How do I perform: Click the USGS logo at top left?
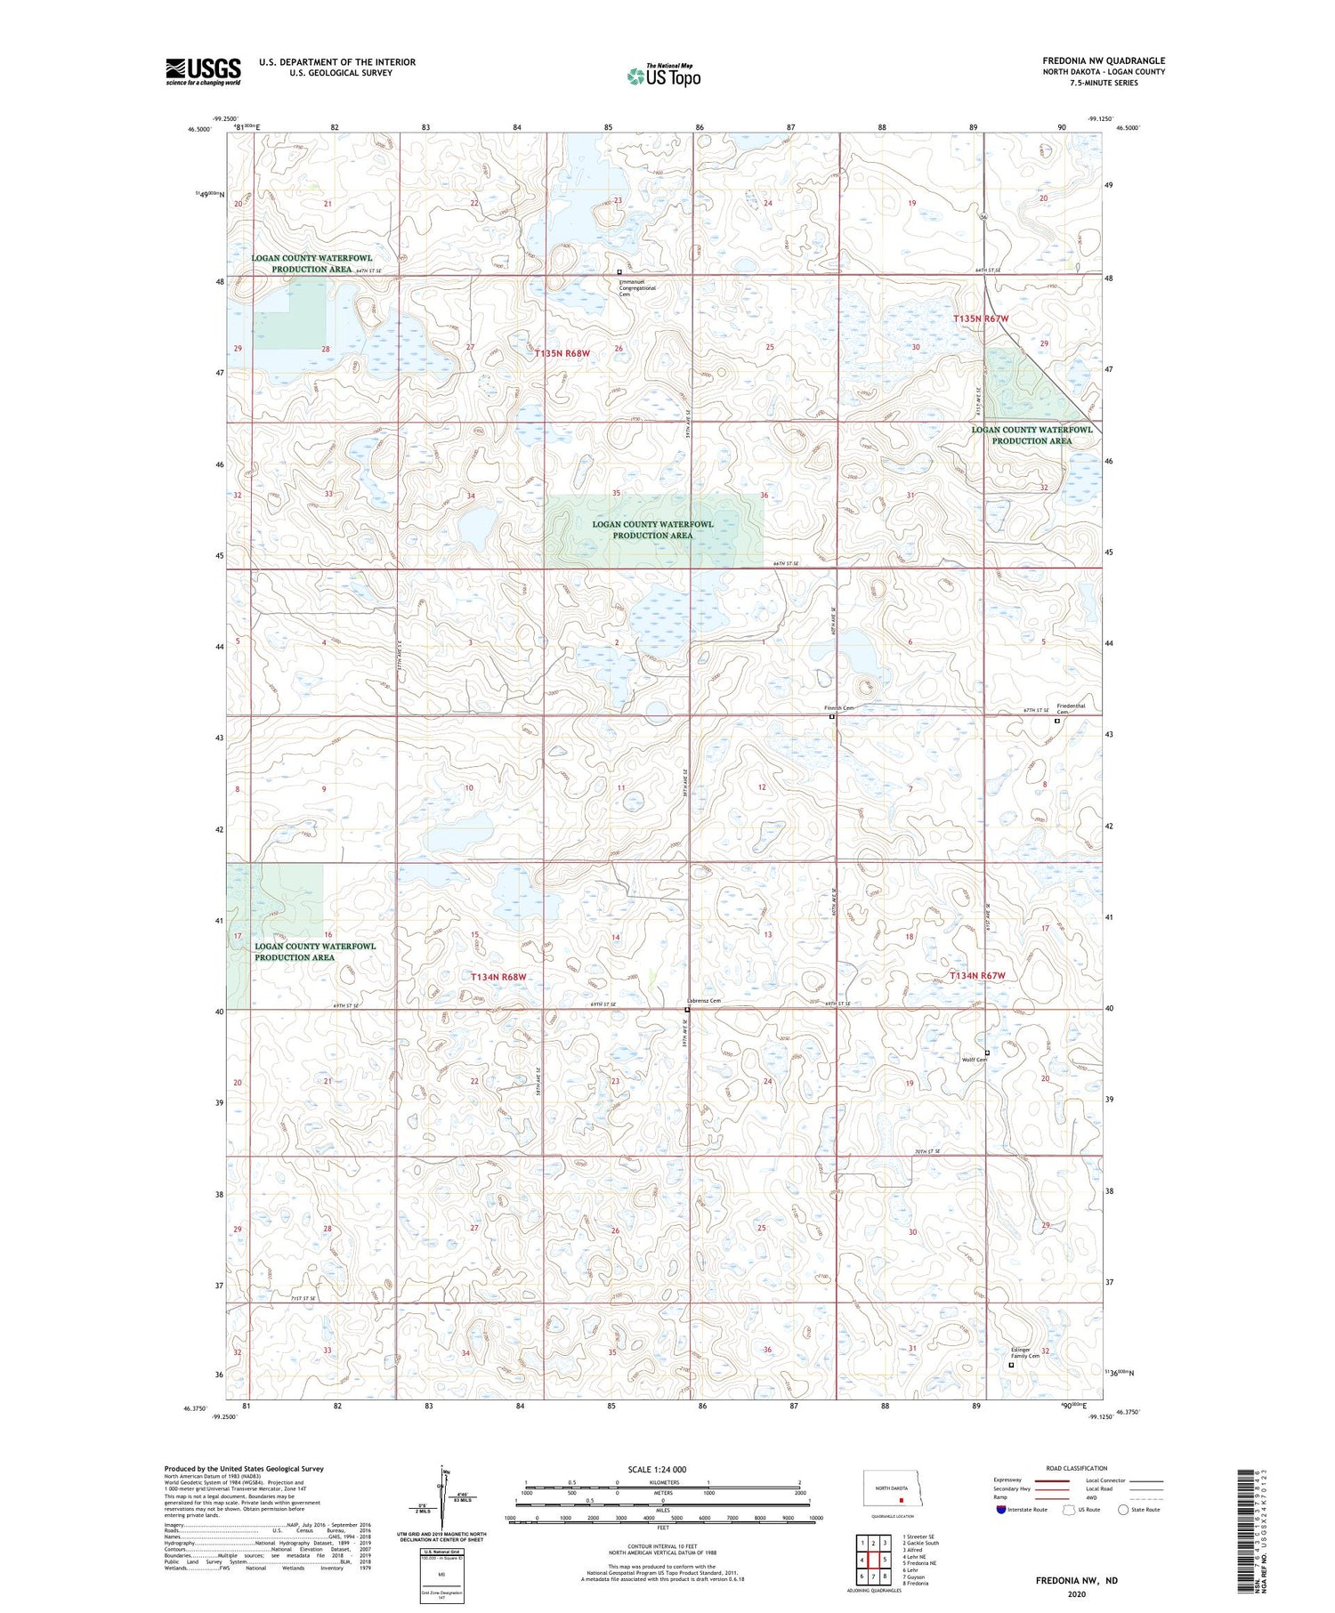(x=203, y=71)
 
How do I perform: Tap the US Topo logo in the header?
(x=664, y=77)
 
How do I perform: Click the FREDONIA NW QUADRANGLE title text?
(x=1104, y=60)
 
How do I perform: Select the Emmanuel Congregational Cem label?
(x=637, y=288)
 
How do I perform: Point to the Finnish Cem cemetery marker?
(x=832, y=716)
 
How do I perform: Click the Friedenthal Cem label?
(x=1070, y=708)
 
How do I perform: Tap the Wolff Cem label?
(x=975, y=1060)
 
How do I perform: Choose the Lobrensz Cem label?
(x=704, y=1001)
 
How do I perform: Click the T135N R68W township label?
(x=562, y=353)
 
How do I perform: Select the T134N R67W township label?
(x=976, y=975)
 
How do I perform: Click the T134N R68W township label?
(x=498, y=976)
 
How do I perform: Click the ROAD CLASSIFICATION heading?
(x=1077, y=1468)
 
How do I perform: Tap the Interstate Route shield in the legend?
(x=1002, y=1510)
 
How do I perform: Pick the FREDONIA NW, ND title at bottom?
(x=1076, y=1581)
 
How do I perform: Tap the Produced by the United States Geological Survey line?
(x=244, y=1469)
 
